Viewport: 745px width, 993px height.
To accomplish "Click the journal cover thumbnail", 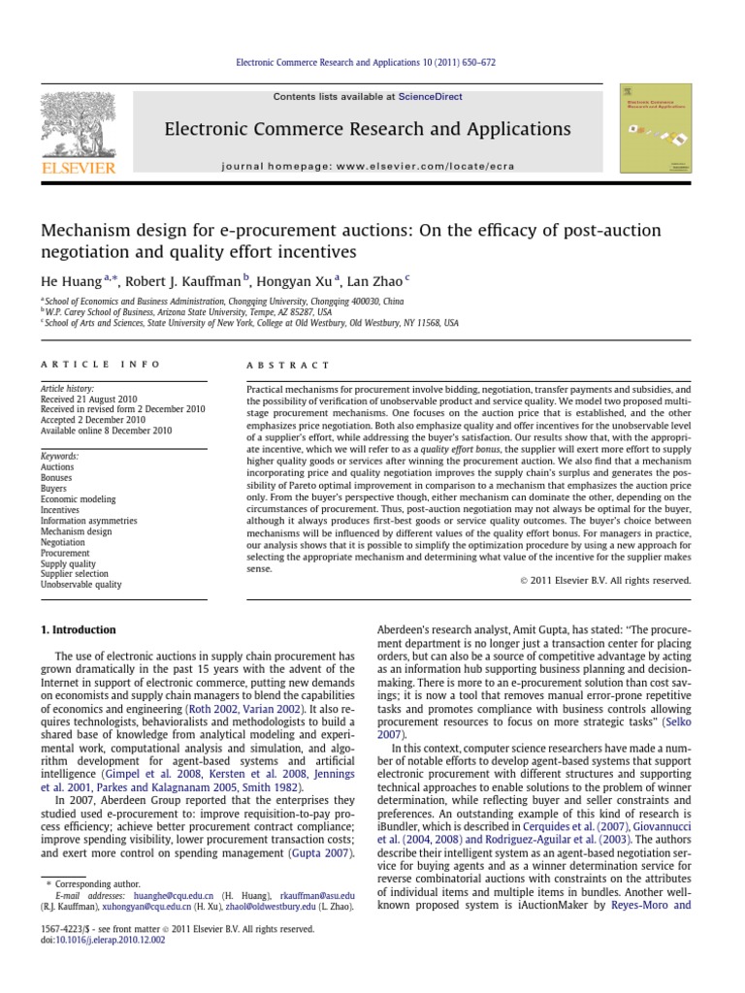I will pyautogui.click(x=656, y=128).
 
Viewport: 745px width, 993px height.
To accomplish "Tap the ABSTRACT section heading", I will pyautogui.click(x=275, y=365).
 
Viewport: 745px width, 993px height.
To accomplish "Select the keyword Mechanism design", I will pyautogui.click(x=76, y=531).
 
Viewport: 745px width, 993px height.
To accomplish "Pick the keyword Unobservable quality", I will pyautogui.click(x=81, y=585).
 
